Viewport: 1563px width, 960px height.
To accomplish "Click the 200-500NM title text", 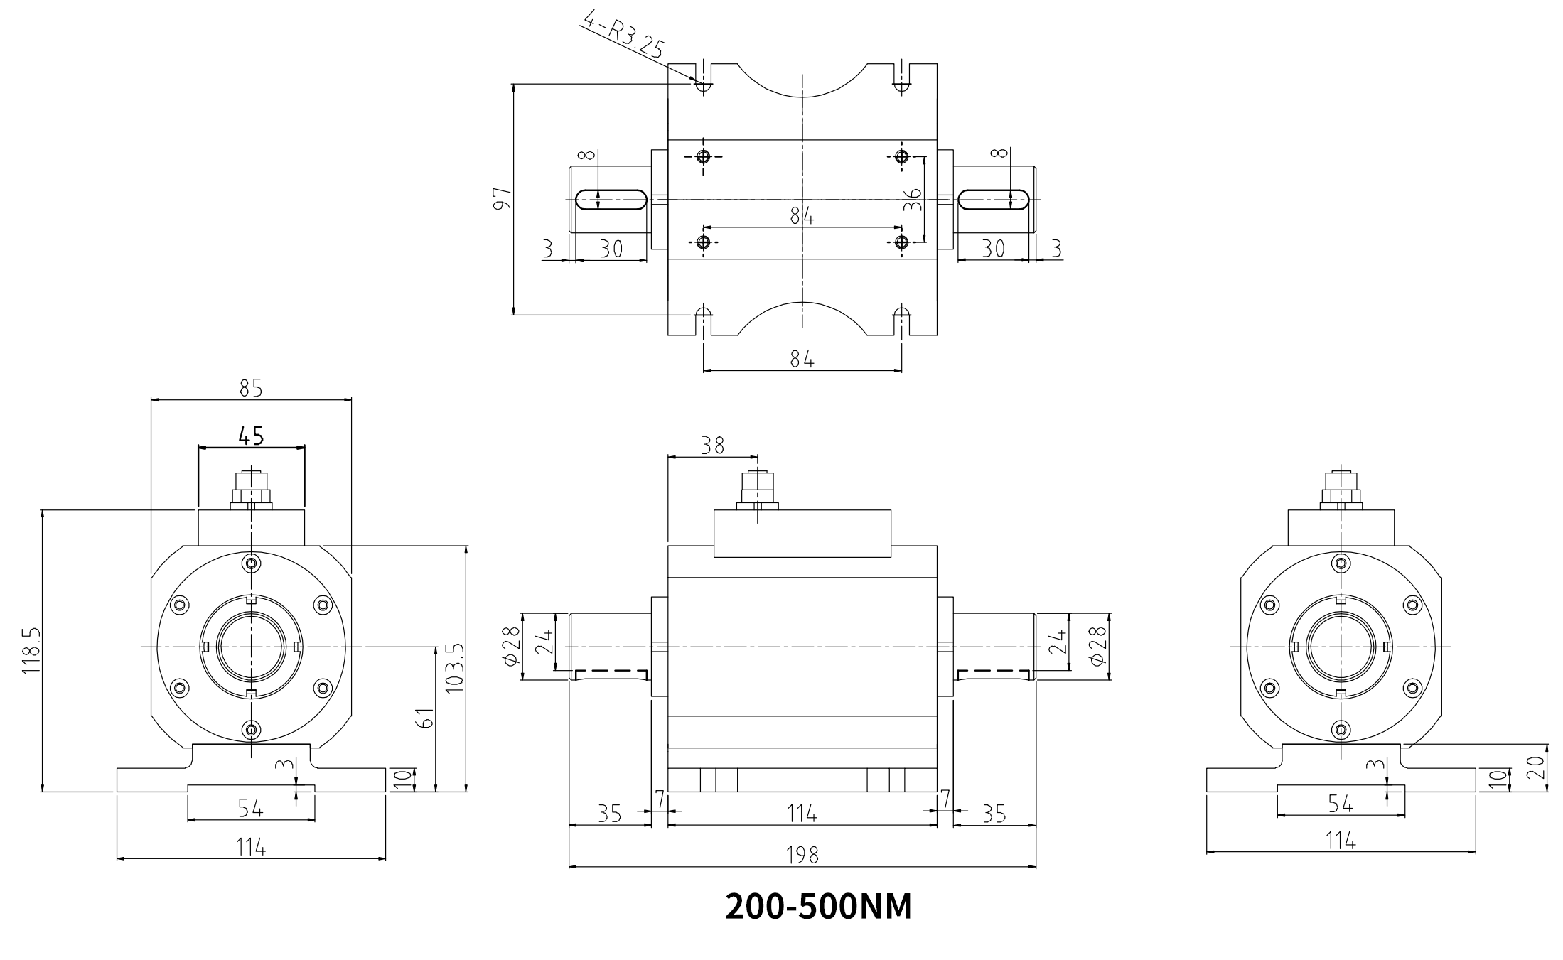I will coord(817,907).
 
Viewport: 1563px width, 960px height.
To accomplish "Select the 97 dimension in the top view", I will coord(502,199).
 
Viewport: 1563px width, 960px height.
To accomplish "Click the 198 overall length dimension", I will coord(802,855).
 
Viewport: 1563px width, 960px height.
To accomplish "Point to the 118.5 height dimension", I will coord(31,650).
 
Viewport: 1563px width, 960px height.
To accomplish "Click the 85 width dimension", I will coord(251,388).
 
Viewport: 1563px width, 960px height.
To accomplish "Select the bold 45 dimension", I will coord(251,435).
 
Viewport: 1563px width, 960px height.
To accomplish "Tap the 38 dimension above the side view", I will coord(712,446).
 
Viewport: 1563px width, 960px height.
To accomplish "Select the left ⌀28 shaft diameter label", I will coord(510,647).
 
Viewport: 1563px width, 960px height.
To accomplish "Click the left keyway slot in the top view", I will coord(610,200).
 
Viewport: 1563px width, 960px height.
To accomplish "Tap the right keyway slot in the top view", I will coord(994,200).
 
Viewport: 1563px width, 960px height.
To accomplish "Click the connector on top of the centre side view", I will coord(758,490).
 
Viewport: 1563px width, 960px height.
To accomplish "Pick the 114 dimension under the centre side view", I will coord(802,814).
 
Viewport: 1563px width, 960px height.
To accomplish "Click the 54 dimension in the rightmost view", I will coord(1341,804).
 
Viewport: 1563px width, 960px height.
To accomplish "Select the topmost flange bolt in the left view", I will coord(251,563).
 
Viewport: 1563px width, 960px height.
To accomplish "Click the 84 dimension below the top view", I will coord(802,360).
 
